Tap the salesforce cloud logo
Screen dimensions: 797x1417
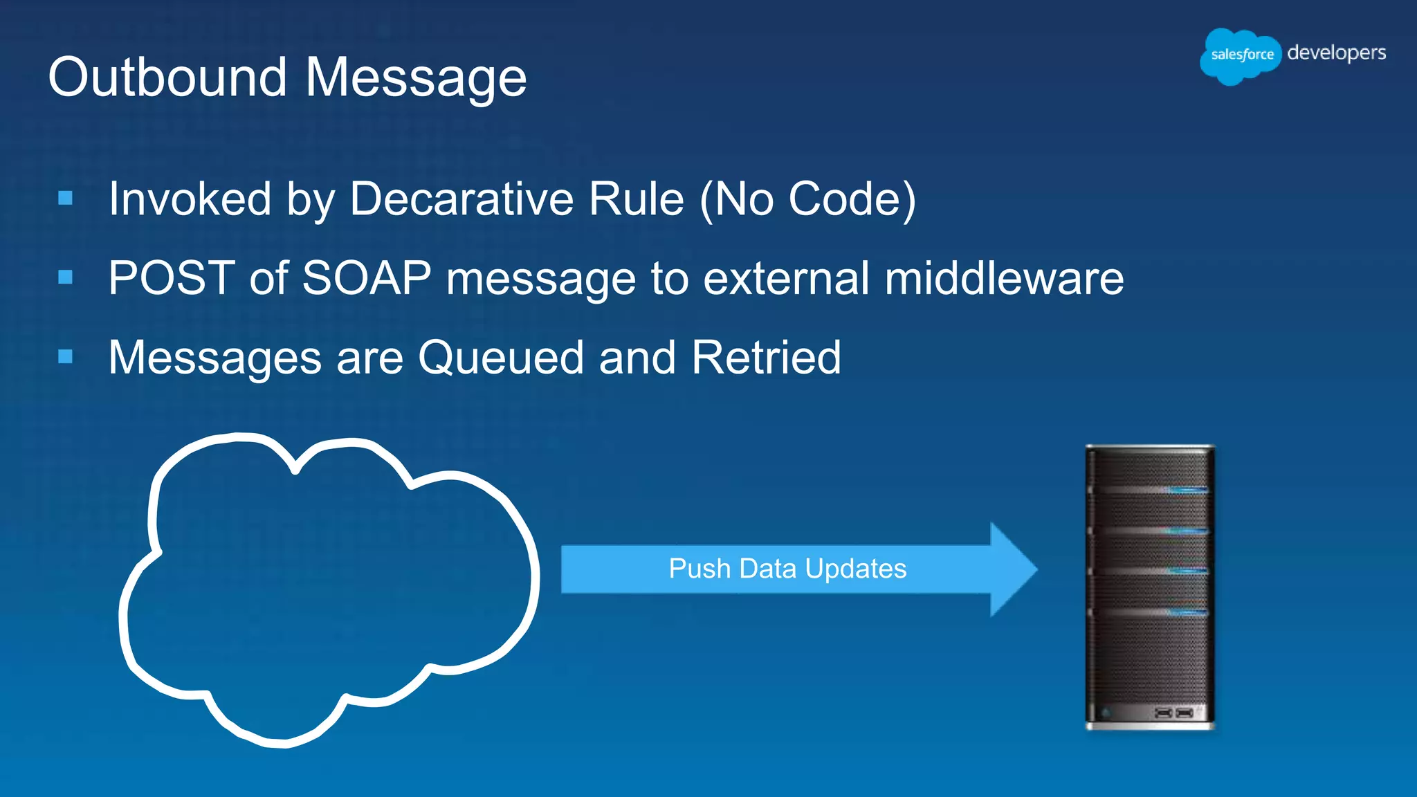[x=1241, y=55]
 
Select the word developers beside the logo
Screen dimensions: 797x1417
[x=1336, y=53]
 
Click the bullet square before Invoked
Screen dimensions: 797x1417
[x=66, y=199]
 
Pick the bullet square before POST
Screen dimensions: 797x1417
[x=66, y=277]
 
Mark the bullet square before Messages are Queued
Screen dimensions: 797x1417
[x=66, y=357]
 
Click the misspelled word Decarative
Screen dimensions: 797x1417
[x=461, y=199]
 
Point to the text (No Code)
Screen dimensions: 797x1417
[x=807, y=200]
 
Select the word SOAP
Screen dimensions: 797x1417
[x=367, y=278]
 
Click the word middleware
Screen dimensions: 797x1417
[x=1004, y=278]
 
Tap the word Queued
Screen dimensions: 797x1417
[x=501, y=358]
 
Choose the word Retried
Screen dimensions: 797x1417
[x=766, y=358]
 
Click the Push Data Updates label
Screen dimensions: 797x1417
[x=787, y=569]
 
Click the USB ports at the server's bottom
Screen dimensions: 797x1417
[x=1173, y=713]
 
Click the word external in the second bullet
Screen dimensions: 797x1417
[x=786, y=278]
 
